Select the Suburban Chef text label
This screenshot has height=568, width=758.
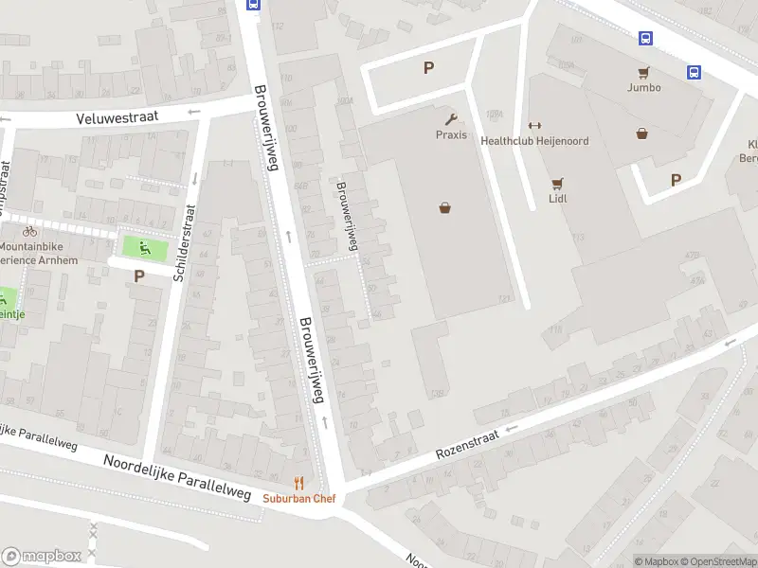click(299, 498)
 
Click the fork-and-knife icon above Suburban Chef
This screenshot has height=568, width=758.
click(299, 483)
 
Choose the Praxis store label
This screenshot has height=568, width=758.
click(451, 135)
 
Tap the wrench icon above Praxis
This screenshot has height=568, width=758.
click(451, 119)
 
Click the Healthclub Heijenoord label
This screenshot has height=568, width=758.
click(534, 141)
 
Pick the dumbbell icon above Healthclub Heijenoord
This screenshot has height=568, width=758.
click(533, 126)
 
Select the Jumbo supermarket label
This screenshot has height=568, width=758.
click(643, 87)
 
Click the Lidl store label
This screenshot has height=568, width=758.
click(557, 200)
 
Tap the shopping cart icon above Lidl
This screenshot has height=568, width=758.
click(557, 184)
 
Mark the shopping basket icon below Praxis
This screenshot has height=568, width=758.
click(444, 208)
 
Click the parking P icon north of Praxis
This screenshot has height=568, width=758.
click(428, 67)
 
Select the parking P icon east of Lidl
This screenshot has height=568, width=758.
click(676, 180)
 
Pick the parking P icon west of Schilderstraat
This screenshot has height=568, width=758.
click(139, 276)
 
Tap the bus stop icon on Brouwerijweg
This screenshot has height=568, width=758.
click(253, 4)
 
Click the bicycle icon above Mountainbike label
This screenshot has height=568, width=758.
click(29, 231)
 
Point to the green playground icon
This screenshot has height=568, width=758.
click(144, 249)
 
